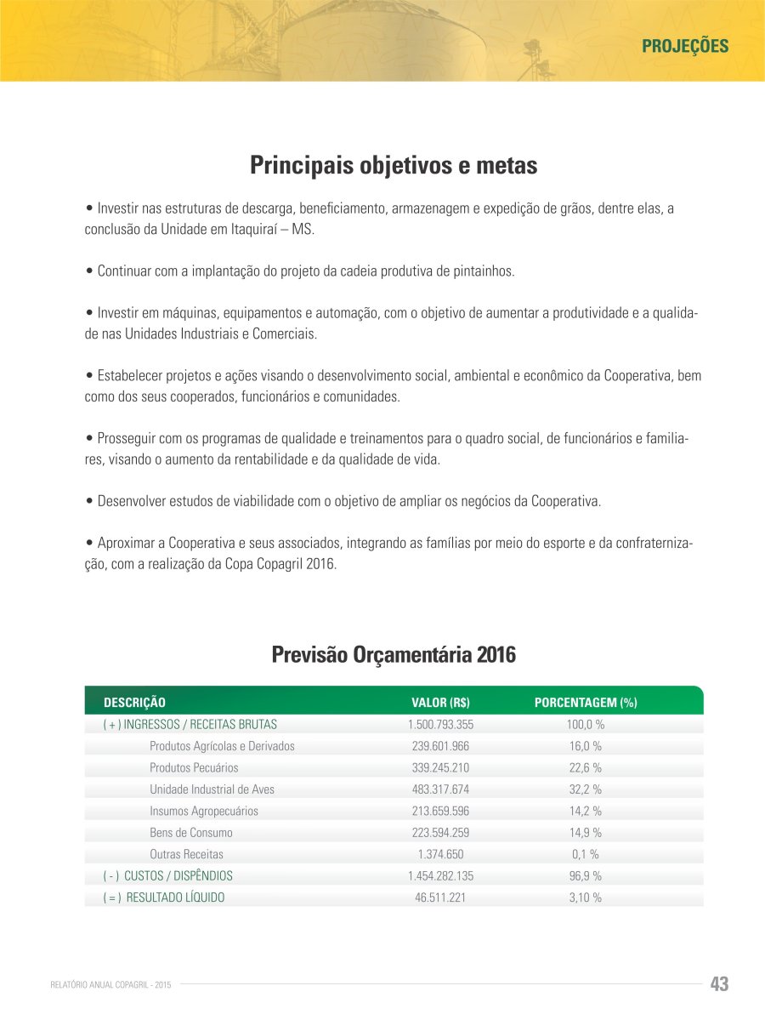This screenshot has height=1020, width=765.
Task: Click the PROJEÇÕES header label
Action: (x=684, y=46)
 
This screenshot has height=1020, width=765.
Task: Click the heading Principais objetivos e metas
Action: (x=394, y=165)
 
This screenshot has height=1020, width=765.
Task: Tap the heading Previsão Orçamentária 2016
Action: (x=394, y=655)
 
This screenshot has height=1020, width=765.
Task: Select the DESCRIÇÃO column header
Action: (x=134, y=703)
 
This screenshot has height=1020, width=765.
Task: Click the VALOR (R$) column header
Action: (x=440, y=703)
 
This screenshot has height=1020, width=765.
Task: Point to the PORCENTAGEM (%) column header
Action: (x=586, y=703)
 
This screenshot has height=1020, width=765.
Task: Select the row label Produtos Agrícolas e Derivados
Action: (x=222, y=746)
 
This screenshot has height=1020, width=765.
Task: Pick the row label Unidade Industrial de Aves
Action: (x=212, y=789)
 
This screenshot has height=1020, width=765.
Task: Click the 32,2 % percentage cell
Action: (x=586, y=789)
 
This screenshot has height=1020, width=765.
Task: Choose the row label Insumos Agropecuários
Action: (x=204, y=812)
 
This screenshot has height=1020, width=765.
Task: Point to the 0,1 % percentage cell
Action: (x=586, y=854)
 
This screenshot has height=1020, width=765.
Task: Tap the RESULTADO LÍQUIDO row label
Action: (x=175, y=897)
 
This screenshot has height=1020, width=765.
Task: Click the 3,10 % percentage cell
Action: (x=586, y=897)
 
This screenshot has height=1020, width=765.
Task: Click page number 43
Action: (x=719, y=984)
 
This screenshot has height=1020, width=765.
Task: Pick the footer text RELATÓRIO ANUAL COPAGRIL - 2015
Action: (x=111, y=985)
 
